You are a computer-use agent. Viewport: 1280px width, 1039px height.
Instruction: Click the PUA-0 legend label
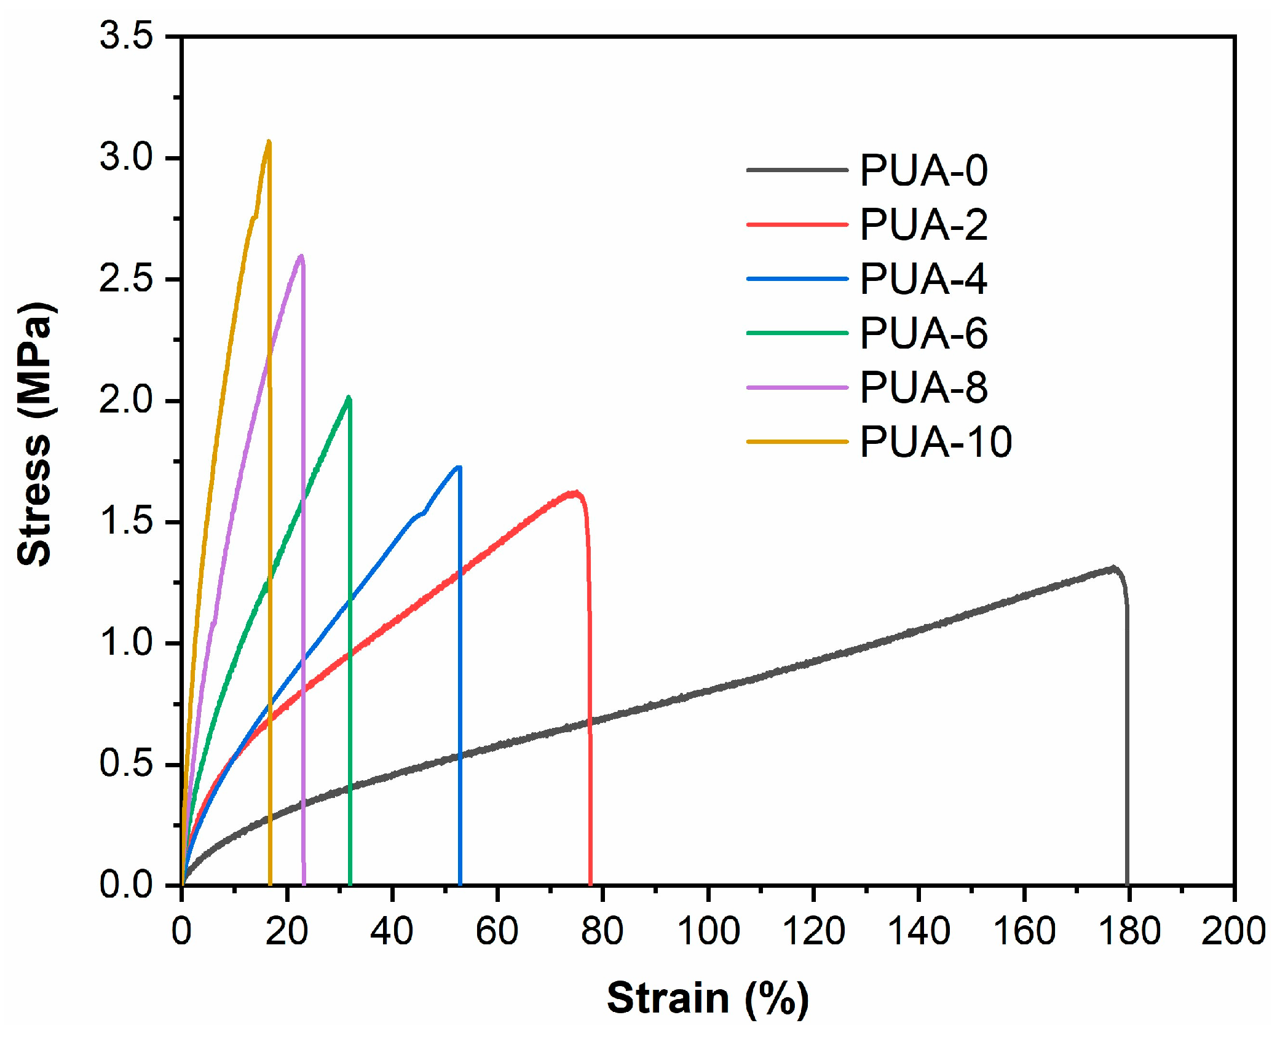coord(923,170)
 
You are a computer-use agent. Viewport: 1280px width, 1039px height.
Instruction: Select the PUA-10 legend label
coord(935,441)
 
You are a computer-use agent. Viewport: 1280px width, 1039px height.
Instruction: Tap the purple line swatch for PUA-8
coord(797,387)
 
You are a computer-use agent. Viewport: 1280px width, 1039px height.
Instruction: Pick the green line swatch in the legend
coord(797,333)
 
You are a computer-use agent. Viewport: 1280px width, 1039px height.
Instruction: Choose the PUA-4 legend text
coord(923,279)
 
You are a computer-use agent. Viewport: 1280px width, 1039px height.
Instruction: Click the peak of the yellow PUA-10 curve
coord(268,142)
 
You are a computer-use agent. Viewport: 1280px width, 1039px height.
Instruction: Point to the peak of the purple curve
coord(301,256)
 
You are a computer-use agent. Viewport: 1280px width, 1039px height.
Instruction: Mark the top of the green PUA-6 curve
coord(349,398)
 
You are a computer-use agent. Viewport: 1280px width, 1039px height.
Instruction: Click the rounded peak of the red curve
coord(574,492)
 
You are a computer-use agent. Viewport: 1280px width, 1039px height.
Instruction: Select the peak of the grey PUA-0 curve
coord(1112,568)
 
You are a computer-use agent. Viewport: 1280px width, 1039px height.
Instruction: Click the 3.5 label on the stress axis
coord(126,36)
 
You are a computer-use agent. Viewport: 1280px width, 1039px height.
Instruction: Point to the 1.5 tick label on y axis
coord(126,522)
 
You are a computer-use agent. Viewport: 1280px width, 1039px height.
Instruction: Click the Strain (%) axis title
coord(708,997)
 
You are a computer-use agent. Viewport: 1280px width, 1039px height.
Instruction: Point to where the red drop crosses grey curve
coord(590,720)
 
